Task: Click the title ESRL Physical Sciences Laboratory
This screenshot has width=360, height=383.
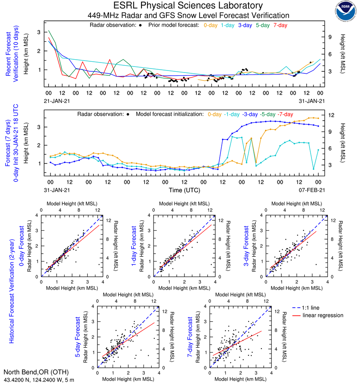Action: (188, 6)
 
